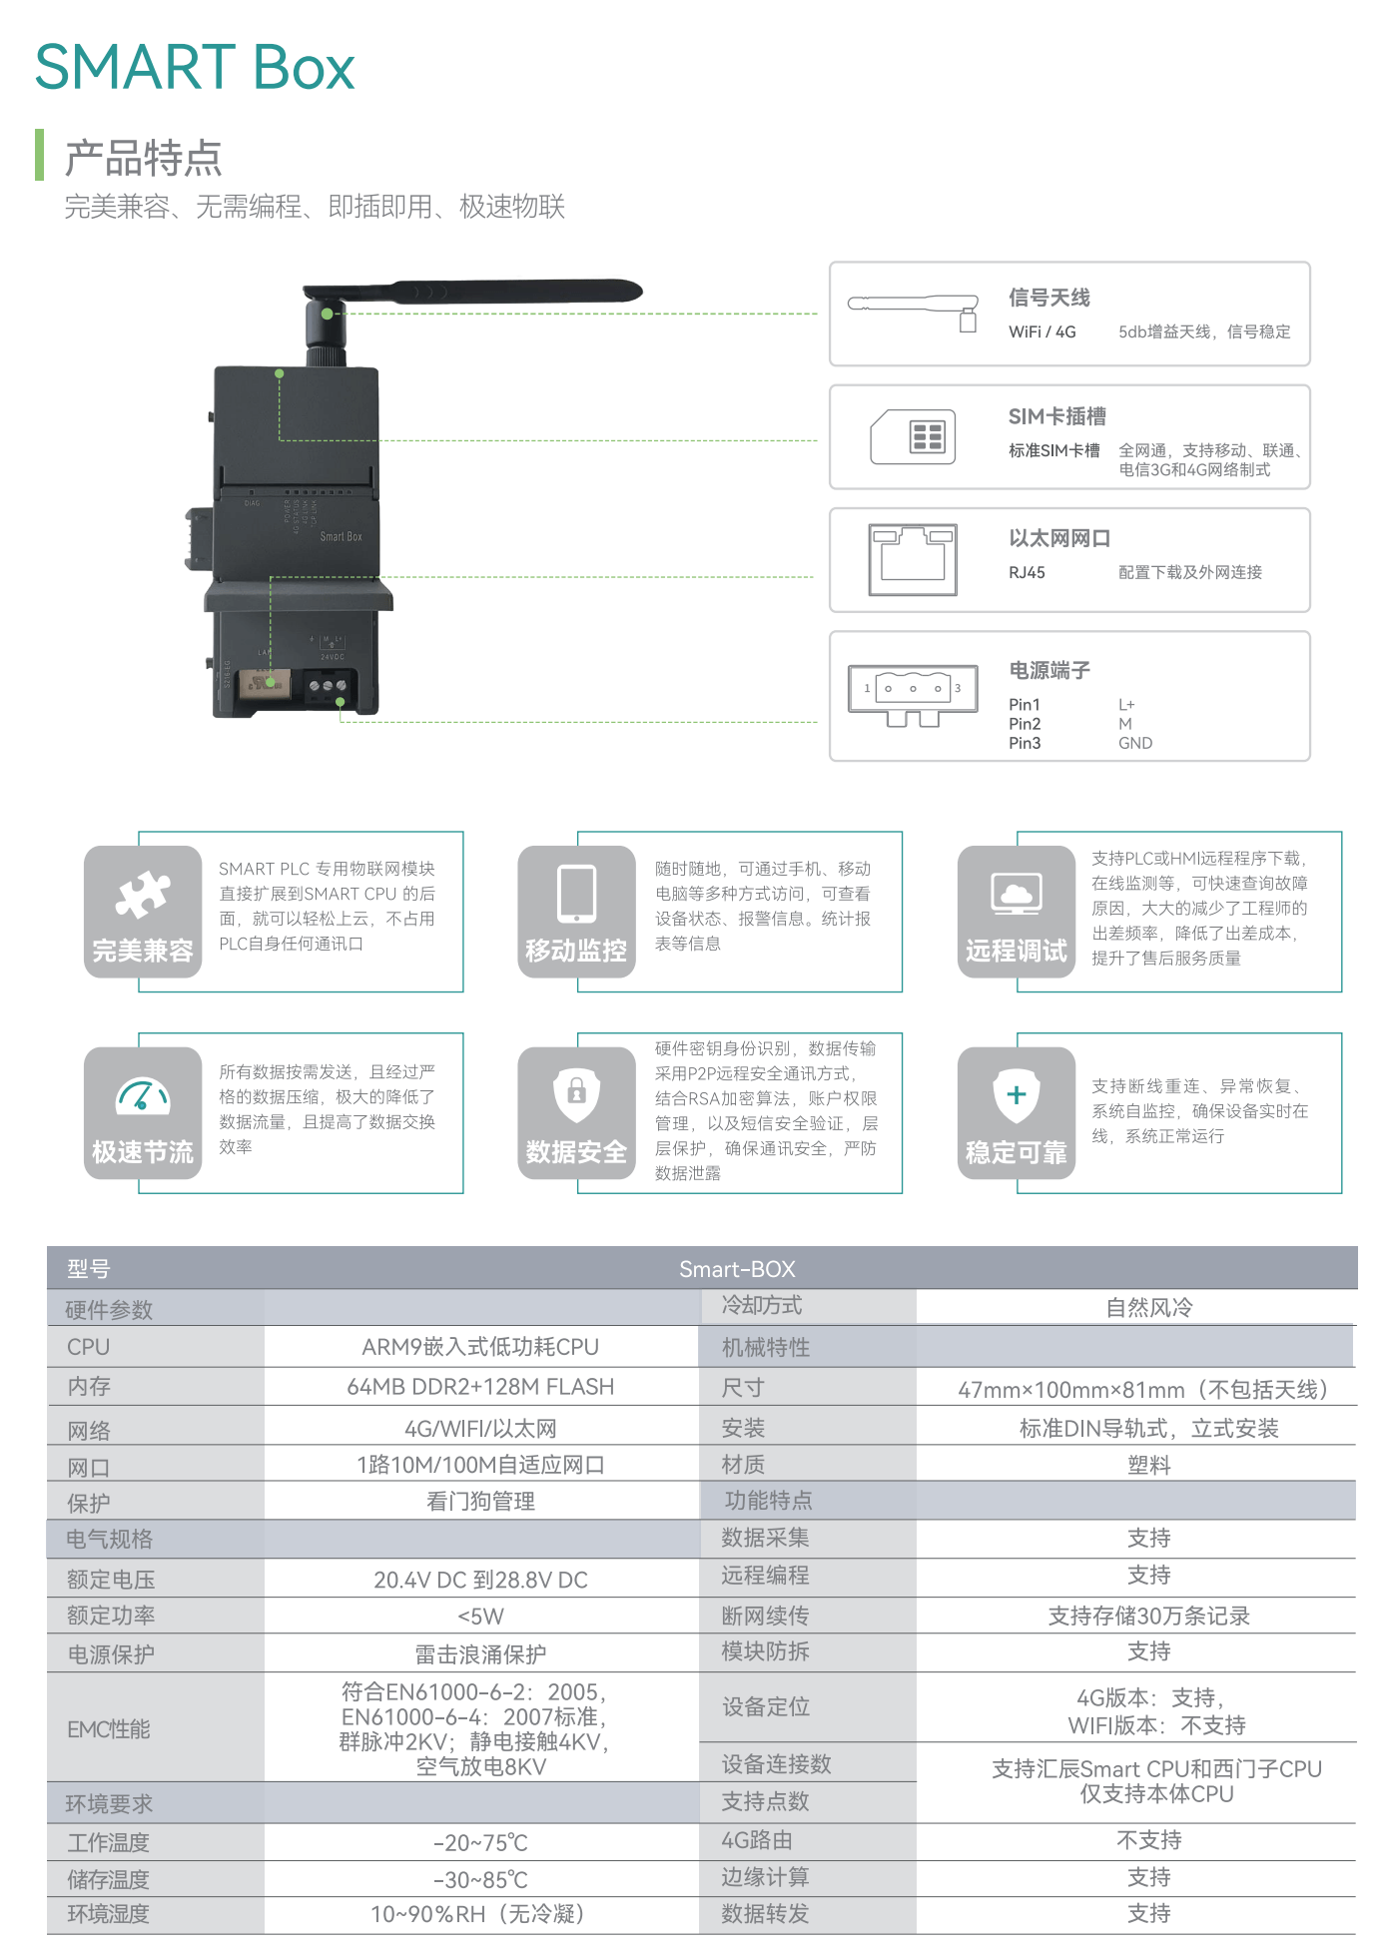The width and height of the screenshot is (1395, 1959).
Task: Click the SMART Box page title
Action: (x=195, y=68)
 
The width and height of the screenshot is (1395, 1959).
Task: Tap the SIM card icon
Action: (x=913, y=437)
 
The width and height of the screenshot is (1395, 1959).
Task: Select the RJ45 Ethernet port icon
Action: (x=913, y=559)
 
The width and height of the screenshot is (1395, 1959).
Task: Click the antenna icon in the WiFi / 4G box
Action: (x=913, y=309)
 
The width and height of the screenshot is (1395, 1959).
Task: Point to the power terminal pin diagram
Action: (x=913, y=694)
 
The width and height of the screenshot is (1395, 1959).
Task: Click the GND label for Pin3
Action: (x=1135, y=744)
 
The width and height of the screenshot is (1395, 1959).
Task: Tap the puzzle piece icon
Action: (x=143, y=895)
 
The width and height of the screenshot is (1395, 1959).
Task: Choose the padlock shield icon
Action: (x=576, y=1094)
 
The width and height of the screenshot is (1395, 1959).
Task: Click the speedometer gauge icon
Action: (x=143, y=1096)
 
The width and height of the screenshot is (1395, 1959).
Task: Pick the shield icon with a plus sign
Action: (x=1017, y=1095)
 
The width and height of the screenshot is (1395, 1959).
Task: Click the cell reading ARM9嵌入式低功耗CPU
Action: (x=480, y=1347)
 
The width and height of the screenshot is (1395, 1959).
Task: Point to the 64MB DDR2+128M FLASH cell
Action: (x=480, y=1387)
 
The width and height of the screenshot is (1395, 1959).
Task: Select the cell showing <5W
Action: (x=480, y=1617)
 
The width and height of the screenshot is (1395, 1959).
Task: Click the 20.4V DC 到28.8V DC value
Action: (x=480, y=1580)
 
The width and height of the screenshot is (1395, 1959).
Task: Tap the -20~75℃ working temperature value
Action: (x=480, y=1843)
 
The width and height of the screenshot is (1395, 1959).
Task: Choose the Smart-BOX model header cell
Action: (x=737, y=1269)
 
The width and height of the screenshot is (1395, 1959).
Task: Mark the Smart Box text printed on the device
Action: (x=341, y=537)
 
